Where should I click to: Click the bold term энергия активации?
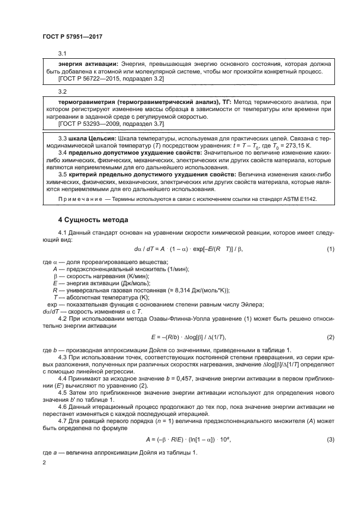87,64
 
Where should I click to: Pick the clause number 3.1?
62,53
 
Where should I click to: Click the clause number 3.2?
62,91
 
